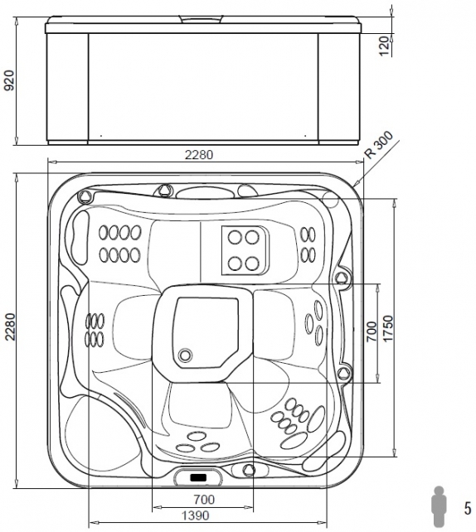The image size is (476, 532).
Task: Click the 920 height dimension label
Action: tap(9, 80)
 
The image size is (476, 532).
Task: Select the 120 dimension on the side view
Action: tap(383, 46)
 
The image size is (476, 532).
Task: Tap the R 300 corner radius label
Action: tap(378, 145)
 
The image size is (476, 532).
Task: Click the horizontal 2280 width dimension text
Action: tap(199, 155)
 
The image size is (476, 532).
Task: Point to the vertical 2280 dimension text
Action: tap(10, 326)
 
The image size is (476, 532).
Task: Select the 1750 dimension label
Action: tap(387, 328)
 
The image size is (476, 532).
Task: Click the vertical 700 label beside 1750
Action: tap(372, 331)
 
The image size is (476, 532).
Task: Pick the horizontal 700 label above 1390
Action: tap(204, 500)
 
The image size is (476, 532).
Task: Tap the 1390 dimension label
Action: tap(196, 515)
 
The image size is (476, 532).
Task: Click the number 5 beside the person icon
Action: tap(468, 509)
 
